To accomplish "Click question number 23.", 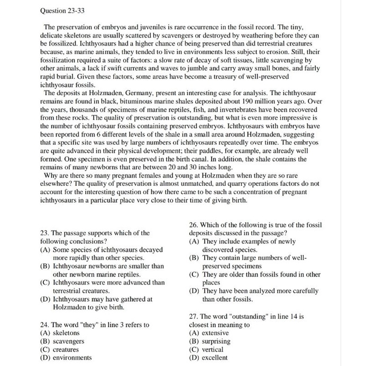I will click(44, 233).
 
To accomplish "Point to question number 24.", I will click(44, 324).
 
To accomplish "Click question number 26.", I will click(194, 225).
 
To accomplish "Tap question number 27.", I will click(194, 316).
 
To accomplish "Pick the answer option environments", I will click(72, 358).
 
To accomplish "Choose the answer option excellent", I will click(215, 358).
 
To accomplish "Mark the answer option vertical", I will click(213, 349).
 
